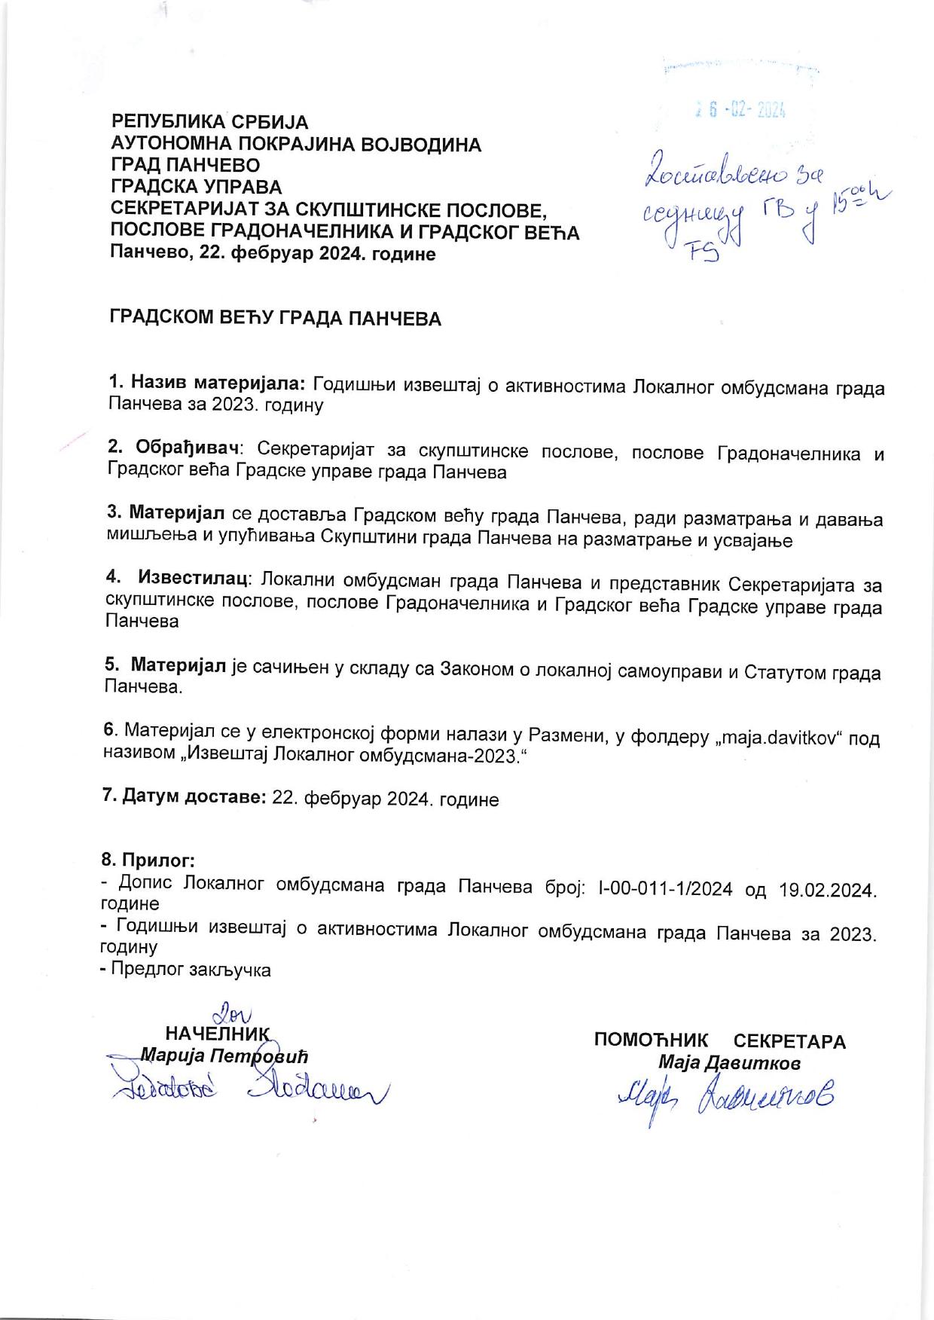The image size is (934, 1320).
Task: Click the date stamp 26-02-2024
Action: point(742,112)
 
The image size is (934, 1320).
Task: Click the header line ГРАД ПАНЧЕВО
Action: point(185,166)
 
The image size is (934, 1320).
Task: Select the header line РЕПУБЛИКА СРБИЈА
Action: point(210,122)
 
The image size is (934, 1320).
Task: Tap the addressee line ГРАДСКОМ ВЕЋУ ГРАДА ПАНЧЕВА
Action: point(276,319)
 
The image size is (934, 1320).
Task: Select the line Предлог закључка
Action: point(191,970)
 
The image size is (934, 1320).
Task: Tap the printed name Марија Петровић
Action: point(224,1056)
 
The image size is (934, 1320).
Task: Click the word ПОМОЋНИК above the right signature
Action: point(651,1040)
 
